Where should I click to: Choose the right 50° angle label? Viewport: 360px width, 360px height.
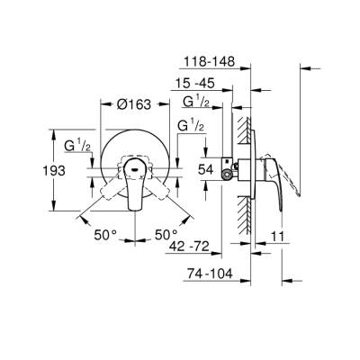[164, 234]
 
